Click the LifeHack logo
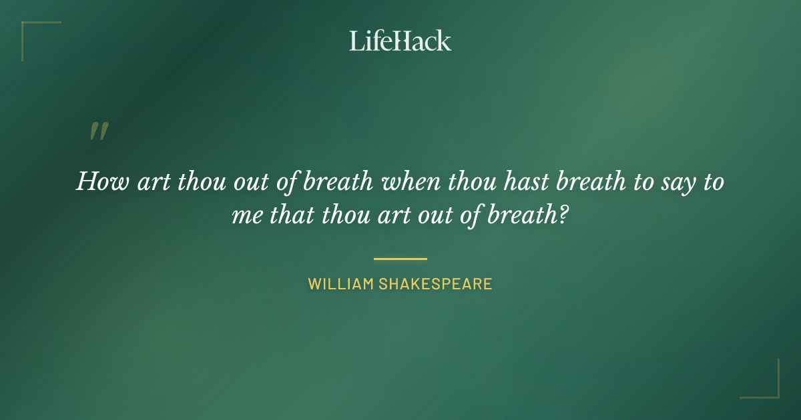(400, 41)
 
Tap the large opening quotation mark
(99, 131)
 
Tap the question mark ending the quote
(563, 215)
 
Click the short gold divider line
(400, 259)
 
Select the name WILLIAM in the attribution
(340, 284)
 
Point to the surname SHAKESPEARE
(435, 284)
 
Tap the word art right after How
(154, 182)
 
